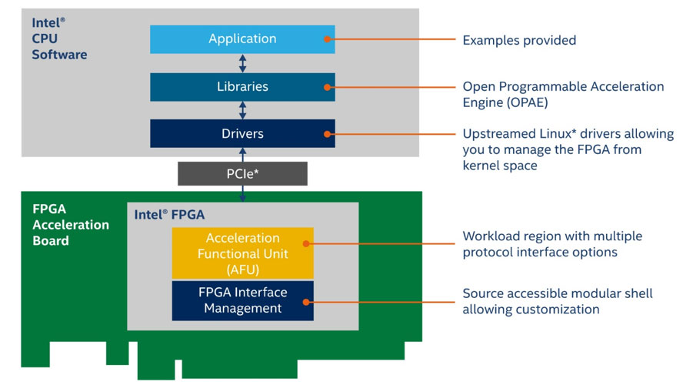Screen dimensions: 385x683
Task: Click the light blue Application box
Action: (242, 38)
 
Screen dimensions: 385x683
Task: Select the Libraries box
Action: (242, 86)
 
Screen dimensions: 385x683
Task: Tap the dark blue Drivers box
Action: (242, 133)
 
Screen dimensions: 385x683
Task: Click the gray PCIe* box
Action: (242, 173)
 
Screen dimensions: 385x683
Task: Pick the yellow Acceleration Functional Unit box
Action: (242, 252)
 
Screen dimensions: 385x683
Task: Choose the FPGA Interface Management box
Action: (242, 300)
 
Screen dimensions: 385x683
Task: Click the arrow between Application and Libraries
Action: (243, 62)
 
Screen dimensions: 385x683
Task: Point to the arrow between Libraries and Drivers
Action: (243, 110)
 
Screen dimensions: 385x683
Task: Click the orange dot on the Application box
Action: (328, 38)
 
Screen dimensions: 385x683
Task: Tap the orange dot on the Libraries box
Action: (328, 86)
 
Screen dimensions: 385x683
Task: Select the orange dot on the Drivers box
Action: (328, 133)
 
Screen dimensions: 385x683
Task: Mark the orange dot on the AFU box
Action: (306, 243)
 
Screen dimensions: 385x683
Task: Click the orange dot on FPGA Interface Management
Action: (306, 301)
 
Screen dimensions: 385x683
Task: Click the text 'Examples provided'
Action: (518, 40)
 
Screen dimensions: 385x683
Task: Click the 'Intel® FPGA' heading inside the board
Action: (169, 214)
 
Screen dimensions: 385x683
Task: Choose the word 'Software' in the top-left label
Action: (59, 55)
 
